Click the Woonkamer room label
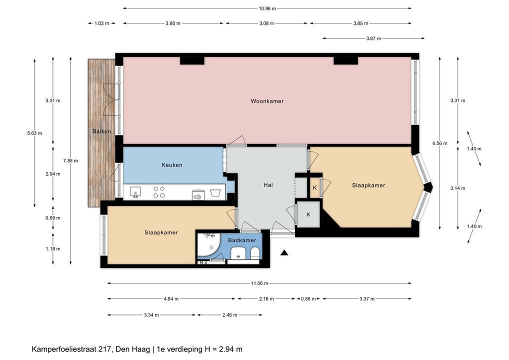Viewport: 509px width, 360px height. pyautogui.click(x=267, y=101)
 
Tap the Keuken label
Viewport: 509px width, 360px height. pyautogui.click(x=171, y=165)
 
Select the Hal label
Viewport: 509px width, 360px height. pyautogui.click(x=268, y=185)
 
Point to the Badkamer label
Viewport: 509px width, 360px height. pyautogui.click(x=242, y=240)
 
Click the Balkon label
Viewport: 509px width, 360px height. pyautogui.click(x=101, y=131)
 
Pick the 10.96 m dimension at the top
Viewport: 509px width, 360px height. pyautogui.click(x=267, y=9)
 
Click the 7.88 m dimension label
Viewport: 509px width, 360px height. pyautogui.click(x=71, y=160)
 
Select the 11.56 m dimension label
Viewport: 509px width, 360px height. pyautogui.click(x=259, y=283)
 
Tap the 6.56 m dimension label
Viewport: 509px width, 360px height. pyautogui.click(x=440, y=143)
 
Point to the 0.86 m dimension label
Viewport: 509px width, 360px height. pyautogui.click(x=308, y=298)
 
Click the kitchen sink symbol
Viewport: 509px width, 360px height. pyautogui.click(x=135, y=192)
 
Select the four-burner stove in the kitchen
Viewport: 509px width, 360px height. pyautogui.click(x=159, y=192)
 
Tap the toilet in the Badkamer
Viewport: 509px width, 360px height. pyautogui.click(x=255, y=253)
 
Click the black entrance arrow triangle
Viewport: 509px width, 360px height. pyautogui.click(x=284, y=252)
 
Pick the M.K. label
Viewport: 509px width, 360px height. pyautogui.click(x=203, y=262)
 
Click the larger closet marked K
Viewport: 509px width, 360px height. pyautogui.click(x=308, y=214)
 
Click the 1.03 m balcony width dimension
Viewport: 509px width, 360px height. pyautogui.click(x=101, y=23)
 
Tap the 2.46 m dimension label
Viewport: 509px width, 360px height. pyautogui.click(x=230, y=315)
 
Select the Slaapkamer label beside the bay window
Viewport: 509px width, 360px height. pyautogui.click(x=368, y=185)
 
